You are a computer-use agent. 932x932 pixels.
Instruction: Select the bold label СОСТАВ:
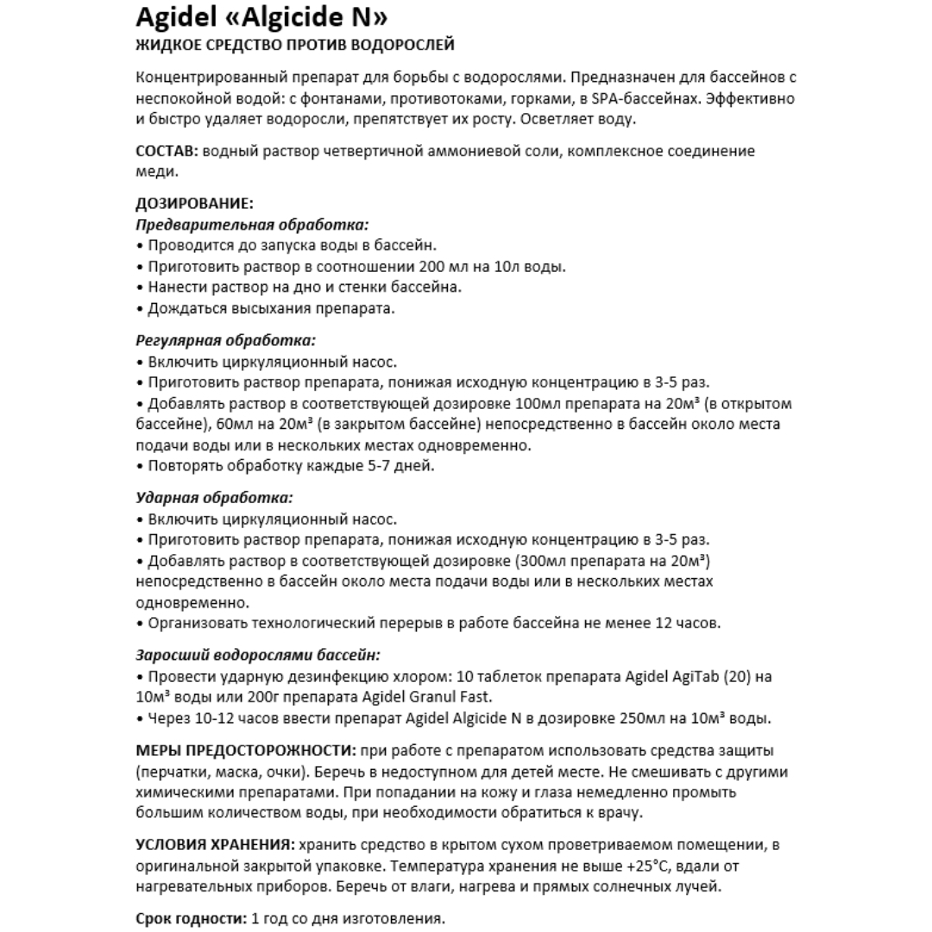point(167,151)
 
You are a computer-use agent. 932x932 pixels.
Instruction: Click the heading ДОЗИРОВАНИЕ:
point(195,205)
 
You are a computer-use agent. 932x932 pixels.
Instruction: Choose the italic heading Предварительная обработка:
point(253,225)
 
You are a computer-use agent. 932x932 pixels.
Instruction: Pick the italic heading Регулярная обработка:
point(226,341)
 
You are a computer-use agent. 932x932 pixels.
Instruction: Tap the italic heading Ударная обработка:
point(214,498)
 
